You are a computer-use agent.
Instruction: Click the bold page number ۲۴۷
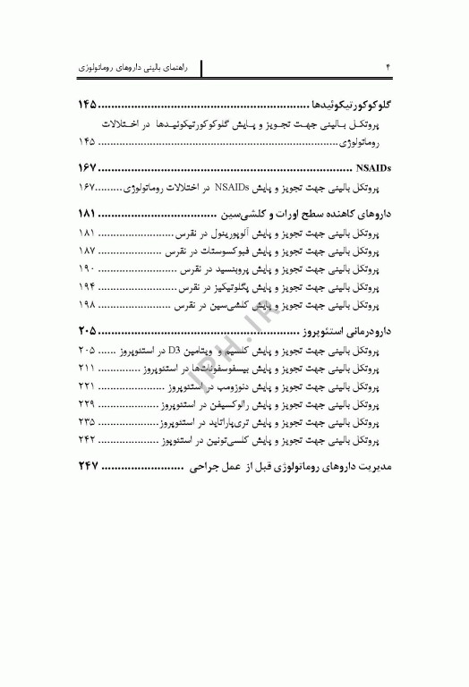93,469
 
